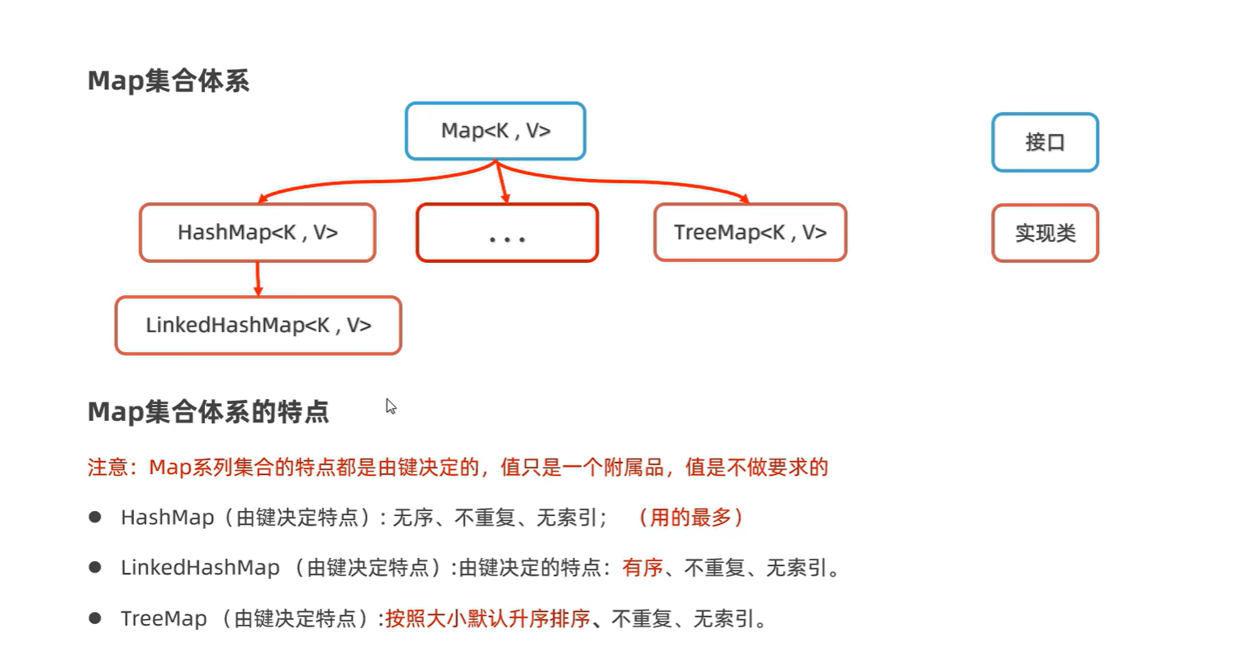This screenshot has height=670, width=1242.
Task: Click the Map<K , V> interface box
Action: coord(496,131)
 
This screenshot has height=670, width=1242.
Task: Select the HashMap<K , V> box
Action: coord(257,233)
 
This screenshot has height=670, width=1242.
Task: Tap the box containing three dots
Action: coord(507,233)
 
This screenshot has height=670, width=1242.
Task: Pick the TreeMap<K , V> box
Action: coord(750,233)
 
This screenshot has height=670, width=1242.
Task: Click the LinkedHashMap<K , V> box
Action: coord(258,326)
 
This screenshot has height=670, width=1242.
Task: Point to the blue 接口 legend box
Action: coord(1045,143)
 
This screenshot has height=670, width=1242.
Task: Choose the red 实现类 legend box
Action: coord(1045,233)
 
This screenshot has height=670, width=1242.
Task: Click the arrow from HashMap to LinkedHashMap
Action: coord(258,279)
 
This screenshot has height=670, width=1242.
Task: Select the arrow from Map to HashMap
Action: coord(363,182)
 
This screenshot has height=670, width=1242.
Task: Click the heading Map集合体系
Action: coord(168,81)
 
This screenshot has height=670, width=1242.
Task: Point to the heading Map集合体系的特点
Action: coord(208,412)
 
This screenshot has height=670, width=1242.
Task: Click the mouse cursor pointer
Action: coord(391,406)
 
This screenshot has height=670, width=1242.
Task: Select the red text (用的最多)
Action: coord(690,518)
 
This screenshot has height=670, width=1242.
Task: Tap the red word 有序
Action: coord(642,568)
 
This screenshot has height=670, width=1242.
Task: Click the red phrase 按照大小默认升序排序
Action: coord(487,619)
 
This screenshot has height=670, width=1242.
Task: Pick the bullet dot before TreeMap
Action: coord(95,618)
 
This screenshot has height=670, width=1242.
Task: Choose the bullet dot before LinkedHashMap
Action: coord(95,568)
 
